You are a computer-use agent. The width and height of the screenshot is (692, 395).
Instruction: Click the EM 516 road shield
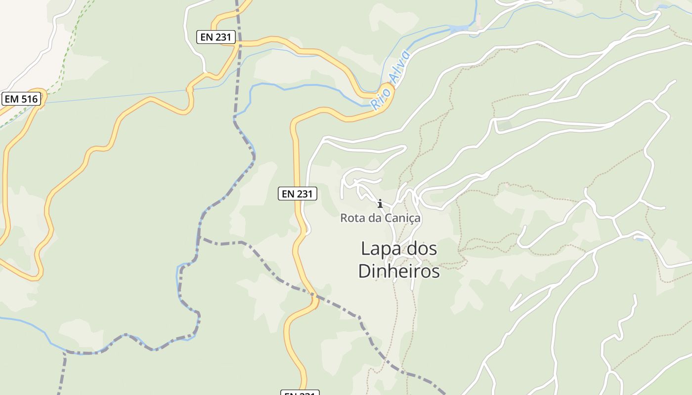tap(21, 99)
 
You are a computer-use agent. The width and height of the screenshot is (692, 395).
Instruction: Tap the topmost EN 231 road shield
tap(216, 37)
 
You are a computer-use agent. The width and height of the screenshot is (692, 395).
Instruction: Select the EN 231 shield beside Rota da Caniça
tap(297, 194)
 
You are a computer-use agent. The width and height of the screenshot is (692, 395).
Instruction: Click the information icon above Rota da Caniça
tap(380, 203)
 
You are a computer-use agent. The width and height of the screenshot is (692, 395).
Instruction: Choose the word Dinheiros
tap(398, 271)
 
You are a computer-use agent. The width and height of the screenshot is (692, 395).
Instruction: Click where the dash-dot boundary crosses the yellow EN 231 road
tap(314, 298)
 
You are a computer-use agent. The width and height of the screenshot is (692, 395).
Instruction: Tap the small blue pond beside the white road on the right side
tap(639, 239)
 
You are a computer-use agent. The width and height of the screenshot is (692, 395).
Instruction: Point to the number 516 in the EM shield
tap(29, 99)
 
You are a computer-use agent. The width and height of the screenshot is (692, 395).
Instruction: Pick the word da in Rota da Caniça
tap(376, 218)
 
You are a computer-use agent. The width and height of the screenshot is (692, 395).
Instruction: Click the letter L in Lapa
tap(365, 248)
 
